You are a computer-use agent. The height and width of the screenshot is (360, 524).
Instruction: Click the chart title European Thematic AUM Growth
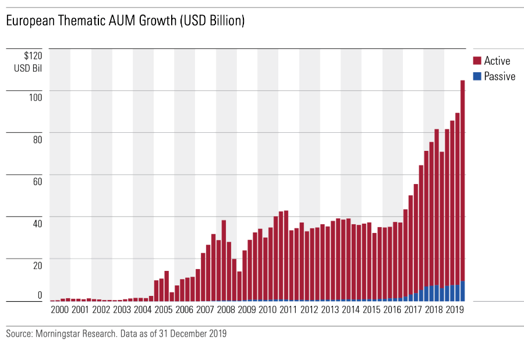click(125, 22)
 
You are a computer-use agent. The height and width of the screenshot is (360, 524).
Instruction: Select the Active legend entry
click(497, 61)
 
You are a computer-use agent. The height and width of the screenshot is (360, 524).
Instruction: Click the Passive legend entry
click(500, 76)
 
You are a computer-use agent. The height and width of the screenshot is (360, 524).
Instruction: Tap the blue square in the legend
click(477, 76)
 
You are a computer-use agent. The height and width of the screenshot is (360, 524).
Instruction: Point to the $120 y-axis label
click(33, 56)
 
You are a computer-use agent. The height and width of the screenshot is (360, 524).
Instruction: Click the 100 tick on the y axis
click(36, 97)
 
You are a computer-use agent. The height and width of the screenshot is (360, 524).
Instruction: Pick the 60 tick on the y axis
click(37, 181)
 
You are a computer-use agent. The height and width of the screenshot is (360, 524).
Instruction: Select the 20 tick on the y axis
click(37, 265)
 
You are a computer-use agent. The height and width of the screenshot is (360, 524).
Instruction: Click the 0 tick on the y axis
click(40, 295)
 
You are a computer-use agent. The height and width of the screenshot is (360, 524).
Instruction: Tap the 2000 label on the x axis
click(60, 309)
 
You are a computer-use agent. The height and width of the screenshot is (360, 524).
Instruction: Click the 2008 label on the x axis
click(226, 309)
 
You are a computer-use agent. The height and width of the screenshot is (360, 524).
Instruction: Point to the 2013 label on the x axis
click(330, 309)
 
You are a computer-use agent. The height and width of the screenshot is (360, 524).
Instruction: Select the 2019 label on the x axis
click(454, 309)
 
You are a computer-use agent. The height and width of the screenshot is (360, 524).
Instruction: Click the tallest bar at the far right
click(463, 181)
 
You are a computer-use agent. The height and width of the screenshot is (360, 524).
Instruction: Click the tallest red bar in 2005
click(167, 285)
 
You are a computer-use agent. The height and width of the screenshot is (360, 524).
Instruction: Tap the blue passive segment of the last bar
click(463, 291)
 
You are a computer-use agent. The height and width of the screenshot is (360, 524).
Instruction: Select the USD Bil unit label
click(29, 68)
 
